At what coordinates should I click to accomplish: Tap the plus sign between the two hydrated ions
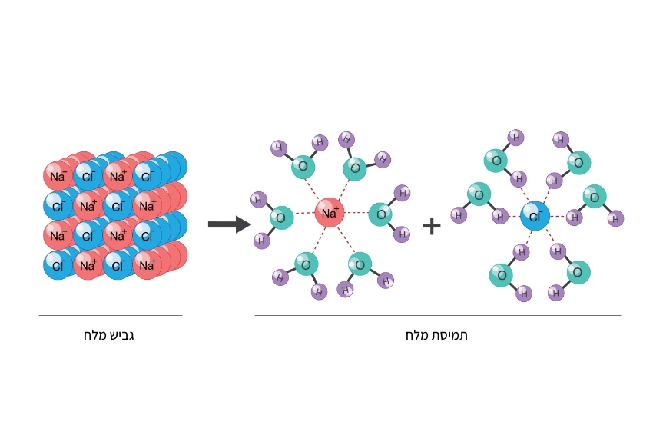(432, 225)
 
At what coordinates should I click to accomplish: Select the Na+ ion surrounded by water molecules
(329, 213)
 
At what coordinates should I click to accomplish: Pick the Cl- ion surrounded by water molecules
(535, 216)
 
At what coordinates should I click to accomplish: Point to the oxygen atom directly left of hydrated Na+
(281, 217)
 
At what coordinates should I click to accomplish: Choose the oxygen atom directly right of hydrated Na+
(380, 214)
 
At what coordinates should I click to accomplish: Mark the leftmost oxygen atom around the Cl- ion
(479, 194)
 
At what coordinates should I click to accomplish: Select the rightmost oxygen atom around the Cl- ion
(594, 197)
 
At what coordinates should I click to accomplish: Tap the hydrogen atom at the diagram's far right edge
(615, 218)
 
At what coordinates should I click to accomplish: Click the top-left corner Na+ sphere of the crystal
(58, 175)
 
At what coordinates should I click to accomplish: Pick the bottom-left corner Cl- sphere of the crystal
(58, 265)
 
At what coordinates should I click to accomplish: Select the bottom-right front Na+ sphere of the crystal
(147, 265)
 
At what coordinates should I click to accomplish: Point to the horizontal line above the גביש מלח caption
(111, 315)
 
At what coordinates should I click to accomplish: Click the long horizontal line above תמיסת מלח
(437, 315)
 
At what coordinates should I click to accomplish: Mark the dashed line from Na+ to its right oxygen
(356, 213)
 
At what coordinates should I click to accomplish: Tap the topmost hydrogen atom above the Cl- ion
(515, 138)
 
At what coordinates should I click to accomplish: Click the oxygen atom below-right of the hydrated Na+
(360, 264)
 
